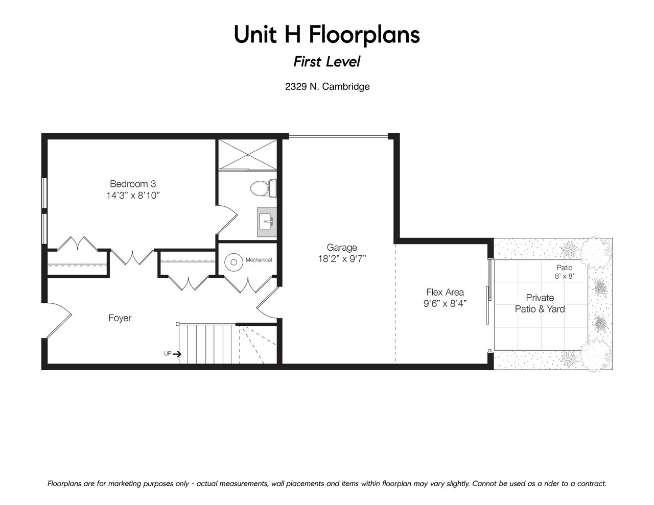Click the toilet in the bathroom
pos(263,188)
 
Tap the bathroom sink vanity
pos(267,222)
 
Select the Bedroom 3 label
pos(133,184)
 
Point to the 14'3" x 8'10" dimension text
pos(133,196)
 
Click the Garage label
pos(342,248)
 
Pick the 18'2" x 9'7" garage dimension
pos(342,259)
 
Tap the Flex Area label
pos(445,292)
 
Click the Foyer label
pos(120,318)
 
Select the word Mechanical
pos(259,260)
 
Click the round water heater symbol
pos(234,262)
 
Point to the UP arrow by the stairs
pos(177,354)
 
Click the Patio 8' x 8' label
pos(564,272)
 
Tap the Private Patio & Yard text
pos(540,303)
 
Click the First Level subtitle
pos(327,62)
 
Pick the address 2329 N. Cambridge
pos(327,87)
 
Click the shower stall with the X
pos(248,155)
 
